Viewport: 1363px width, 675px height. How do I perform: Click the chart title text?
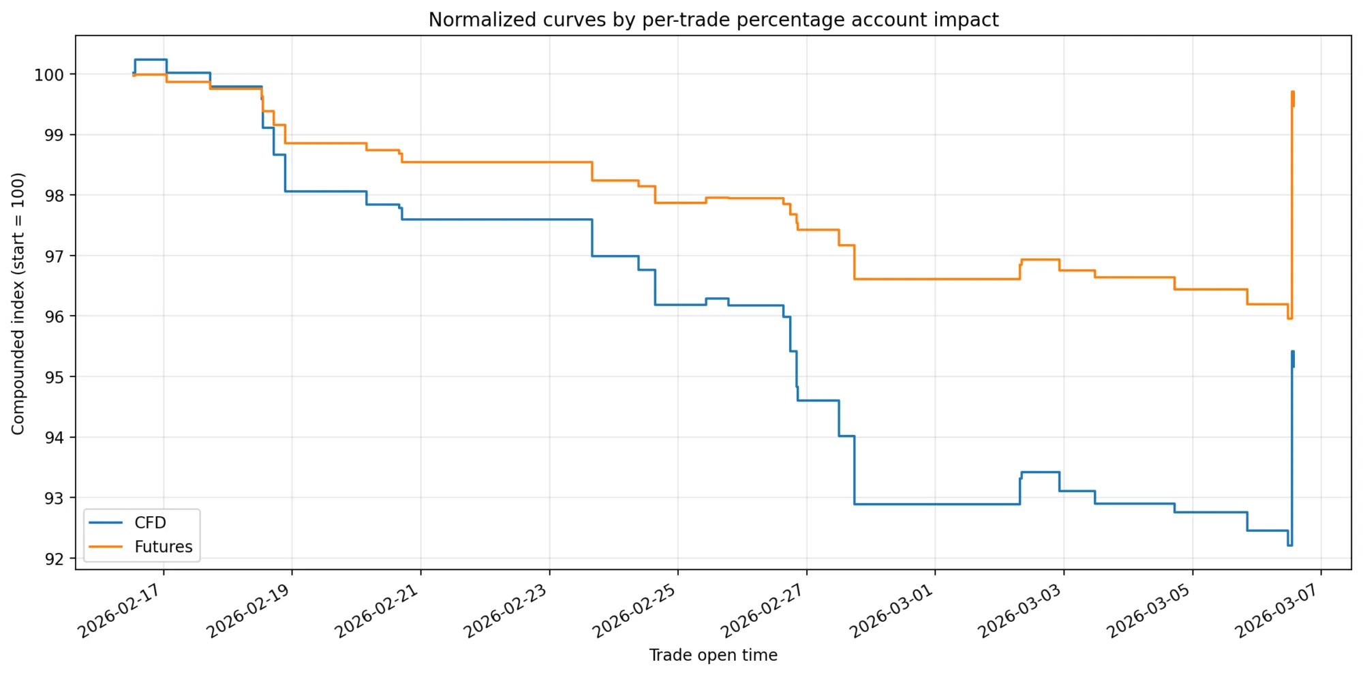[713, 20]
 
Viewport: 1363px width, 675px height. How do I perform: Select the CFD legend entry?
[150, 523]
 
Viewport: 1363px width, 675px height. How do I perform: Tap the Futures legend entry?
[163, 547]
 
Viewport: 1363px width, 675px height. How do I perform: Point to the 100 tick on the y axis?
[50, 74]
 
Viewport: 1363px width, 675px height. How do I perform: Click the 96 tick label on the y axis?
[55, 316]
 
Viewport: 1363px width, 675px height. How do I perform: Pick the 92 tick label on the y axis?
[55, 558]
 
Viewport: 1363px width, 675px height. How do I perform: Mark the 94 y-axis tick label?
[55, 437]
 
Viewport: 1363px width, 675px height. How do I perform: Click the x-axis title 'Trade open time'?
[713, 655]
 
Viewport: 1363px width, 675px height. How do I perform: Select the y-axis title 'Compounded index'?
[18, 303]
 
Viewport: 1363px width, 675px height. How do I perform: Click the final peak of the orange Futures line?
[1292, 92]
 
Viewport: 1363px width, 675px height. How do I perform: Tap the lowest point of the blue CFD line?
[1289, 545]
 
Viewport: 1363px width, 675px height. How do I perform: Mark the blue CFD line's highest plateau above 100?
[151, 59]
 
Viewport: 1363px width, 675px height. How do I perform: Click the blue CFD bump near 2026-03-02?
[1040, 472]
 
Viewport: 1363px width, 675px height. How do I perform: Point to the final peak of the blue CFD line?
[1292, 352]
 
